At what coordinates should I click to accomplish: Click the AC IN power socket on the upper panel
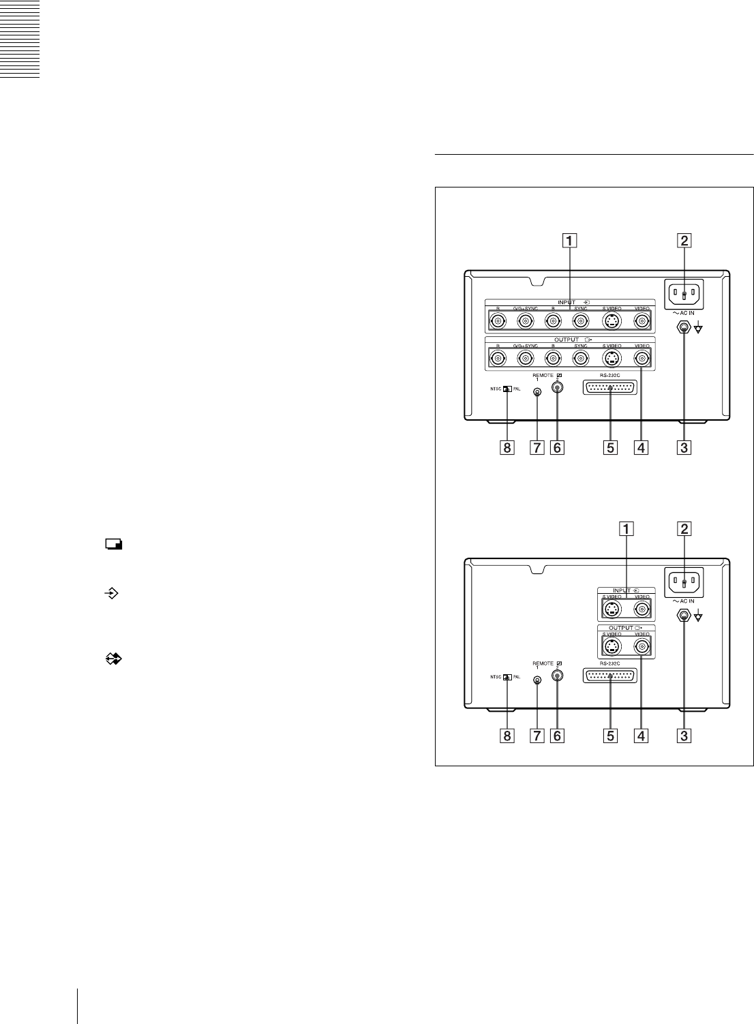click(683, 295)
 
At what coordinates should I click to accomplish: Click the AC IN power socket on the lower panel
click(683, 584)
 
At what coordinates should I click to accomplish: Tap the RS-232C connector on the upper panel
click(610, 388)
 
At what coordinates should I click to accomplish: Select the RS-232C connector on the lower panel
click(610, 676)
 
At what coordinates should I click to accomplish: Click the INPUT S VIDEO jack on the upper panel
click(612, 320)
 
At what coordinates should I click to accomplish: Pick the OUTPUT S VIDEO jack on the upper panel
click(612, 358)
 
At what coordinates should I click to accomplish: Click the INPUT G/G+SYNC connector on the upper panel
click(525, 320)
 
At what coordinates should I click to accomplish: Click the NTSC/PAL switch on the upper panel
click(507, 389)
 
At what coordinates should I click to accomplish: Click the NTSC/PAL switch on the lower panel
click(507, 678)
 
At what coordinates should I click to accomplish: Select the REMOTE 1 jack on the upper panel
click(537, 392)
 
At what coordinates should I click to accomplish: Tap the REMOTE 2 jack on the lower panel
click(557, 676)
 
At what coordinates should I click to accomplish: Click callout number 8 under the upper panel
click(507, 448)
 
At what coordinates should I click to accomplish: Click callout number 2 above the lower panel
click(683, 528)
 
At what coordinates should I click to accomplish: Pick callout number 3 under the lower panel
click(683, 736)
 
